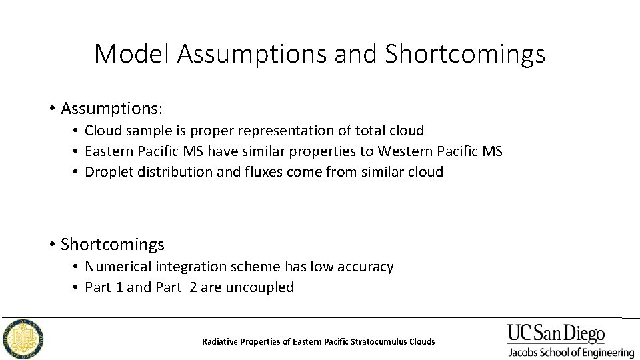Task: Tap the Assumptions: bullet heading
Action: tap(112, 107)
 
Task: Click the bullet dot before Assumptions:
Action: tap(51, 108)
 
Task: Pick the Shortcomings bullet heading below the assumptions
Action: tap(112, 245)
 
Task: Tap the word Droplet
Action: tap(108, 172)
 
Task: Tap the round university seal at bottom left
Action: tap(23, 339)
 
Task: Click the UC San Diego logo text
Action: tap(556, 333)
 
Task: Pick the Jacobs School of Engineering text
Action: tap(571, 352)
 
